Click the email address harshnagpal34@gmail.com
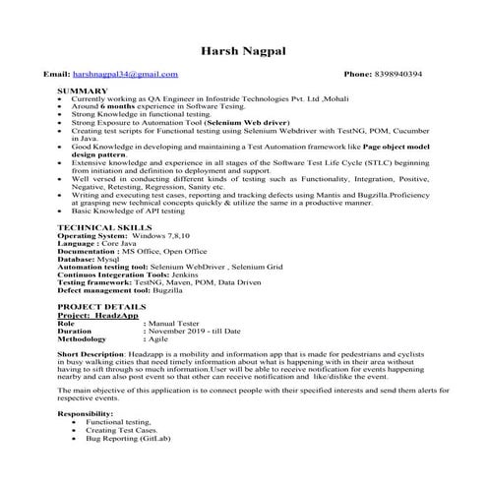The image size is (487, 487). tap(126, 75)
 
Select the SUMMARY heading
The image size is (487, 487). tap(83, 90)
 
